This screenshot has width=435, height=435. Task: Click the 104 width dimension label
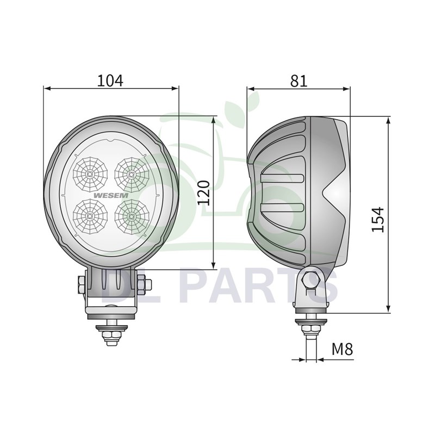(x=110, y=80)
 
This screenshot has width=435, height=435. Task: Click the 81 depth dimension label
(x=299, y=80)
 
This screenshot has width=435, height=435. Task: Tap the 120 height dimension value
(x=203, y=192)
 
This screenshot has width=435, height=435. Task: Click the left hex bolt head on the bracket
(x=81, y=284)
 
